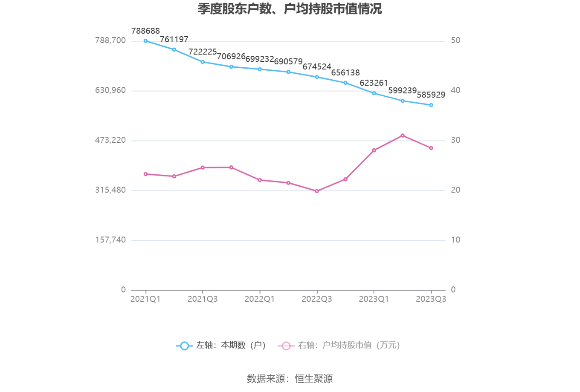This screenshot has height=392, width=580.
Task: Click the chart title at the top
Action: (x=290, y=9)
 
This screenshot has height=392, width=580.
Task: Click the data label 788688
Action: (x=145, y=31)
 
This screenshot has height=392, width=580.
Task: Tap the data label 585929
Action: (x=431, y=95)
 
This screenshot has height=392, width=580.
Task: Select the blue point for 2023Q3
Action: (x=431, y=105)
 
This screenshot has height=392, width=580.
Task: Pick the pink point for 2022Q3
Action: (x=317, y=191)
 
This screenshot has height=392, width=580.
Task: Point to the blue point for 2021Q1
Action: (x=145, y=41)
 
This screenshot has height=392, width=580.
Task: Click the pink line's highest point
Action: (x=403, y=135)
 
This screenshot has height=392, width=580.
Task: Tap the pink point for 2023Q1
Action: (x=374, y=150)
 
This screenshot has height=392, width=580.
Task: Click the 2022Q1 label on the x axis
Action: (x=260, y=299)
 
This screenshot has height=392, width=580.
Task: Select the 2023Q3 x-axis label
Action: (x=431, y=299)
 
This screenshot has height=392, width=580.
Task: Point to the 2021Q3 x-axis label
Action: (x=203, y=299)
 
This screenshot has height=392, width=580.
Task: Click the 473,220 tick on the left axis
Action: (x=110, y=140)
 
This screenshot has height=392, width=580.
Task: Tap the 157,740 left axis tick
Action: (x=110, y=240)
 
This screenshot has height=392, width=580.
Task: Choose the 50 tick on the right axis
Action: (x=455, y=40)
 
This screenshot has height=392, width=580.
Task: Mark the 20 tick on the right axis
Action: (x=455, y=190)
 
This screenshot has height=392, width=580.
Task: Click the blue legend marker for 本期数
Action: (x=184, y=346)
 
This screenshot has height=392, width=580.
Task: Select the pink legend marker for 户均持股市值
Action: (x=286, y=346)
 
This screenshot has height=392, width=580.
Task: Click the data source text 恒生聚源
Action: (x=314, y=378)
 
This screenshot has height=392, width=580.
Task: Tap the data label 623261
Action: (x=374, y=83)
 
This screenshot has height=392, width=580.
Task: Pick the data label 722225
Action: (x=203, y=52)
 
